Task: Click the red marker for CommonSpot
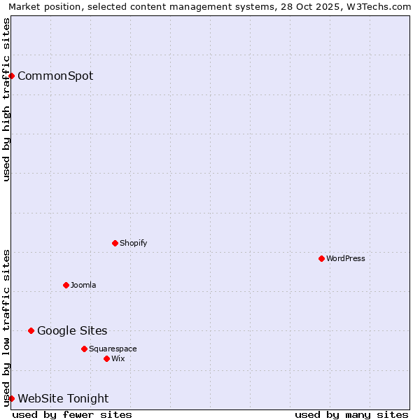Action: (x=12, y=76)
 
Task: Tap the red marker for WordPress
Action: (x=321, y=258)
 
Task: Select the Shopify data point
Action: (x=115, y=243)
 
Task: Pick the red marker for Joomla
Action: (x=66, y=285)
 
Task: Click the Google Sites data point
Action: (x=31, y=330)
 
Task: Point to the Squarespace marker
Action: (x=84, y=349)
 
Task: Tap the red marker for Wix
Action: (x=106, y=358)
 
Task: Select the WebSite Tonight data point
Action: (x=12, y=398)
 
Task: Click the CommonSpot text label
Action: (x=55, y=76)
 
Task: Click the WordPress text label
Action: (x=346, y=258)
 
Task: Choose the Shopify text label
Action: (x=133, y=243)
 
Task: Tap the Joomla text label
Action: (x=83, y=285)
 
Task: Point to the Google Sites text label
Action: (x=72, y=330)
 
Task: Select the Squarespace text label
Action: (x=113, y=349)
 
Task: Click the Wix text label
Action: (x=118, y=358)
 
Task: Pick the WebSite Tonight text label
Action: (x=63, y=398)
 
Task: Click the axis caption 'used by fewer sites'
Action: (x=72, y=414)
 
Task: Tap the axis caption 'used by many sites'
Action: (x=351, y=414)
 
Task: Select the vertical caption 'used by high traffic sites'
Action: (x=6, y=99)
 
